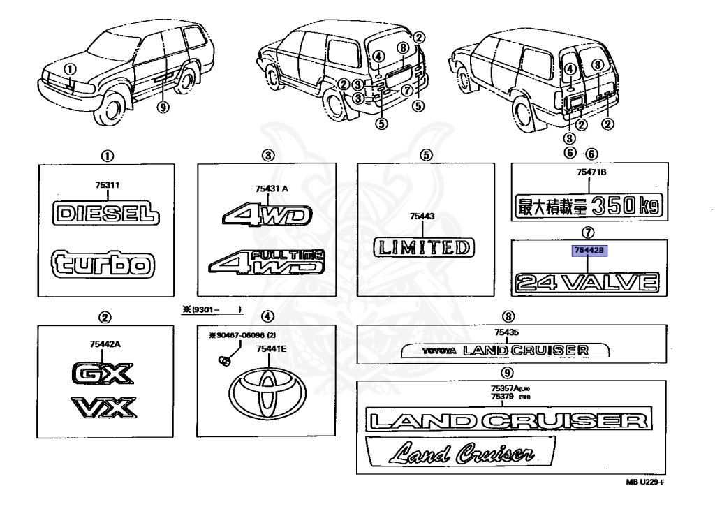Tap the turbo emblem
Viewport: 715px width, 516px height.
pos(103,264)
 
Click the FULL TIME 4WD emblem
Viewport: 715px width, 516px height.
pos(267,263)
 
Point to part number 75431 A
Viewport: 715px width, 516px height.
pos(267,187)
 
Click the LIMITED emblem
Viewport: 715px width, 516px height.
pos(422,247)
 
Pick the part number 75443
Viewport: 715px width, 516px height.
pos(422,217)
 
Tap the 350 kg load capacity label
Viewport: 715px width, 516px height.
pos(587,205)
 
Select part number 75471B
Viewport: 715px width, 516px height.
pos(587,172)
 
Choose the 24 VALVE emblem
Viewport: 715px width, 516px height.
pos(587,283)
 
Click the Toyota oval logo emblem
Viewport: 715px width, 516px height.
pos(265,393)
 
